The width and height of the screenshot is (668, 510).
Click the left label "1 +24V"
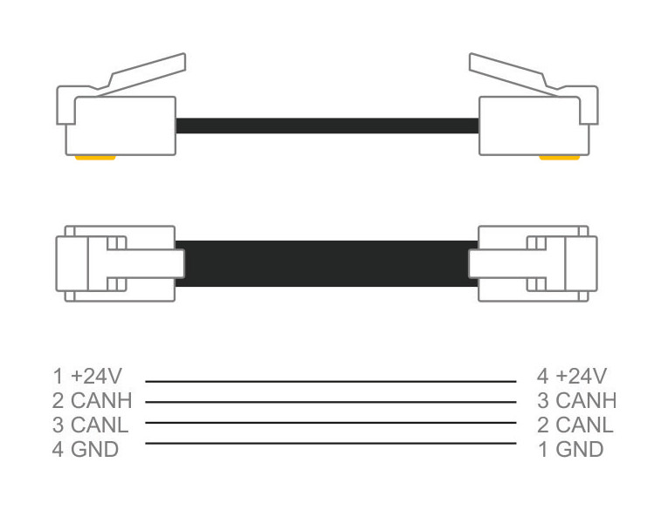click(87, 377)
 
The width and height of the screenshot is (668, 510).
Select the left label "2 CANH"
click(92, 401)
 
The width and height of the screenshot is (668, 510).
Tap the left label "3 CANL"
click(90, 425)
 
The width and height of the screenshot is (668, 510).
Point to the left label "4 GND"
click(85, 450)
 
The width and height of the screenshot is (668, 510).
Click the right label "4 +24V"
click(572, 377)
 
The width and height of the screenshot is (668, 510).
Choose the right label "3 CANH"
click(576, 401)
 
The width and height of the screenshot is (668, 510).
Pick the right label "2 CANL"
click(575, 425)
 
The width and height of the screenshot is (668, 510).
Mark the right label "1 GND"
click(569, 450)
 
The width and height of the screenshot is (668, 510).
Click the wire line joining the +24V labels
click(330, 381)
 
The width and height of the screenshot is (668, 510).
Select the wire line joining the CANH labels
click(330, 402)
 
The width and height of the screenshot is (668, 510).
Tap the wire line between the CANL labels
click(330, 423)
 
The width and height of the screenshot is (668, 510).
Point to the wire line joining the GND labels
click(330, 444)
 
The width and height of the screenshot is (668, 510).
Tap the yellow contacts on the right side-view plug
click(559, 158)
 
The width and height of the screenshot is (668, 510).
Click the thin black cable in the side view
click(327, 126)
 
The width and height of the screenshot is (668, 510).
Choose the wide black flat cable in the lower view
click(327, 263)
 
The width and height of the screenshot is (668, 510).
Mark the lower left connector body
click(114, 262)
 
